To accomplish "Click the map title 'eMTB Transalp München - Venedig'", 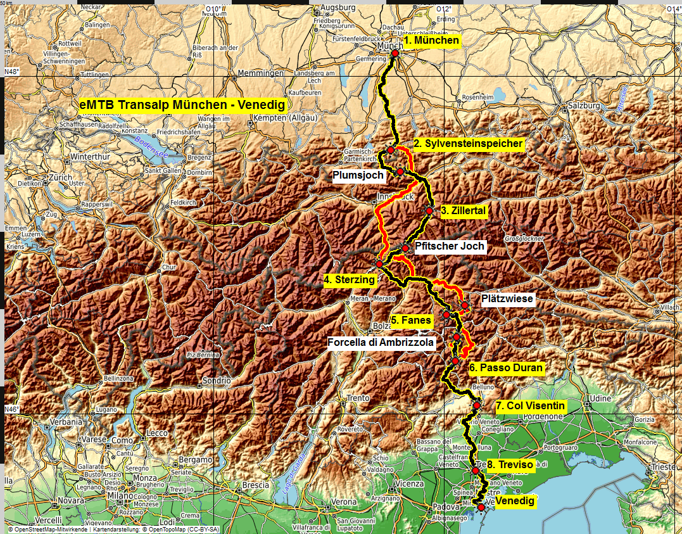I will [182, 105].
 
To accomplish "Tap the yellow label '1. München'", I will [431, 41].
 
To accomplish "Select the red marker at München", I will [395, 54].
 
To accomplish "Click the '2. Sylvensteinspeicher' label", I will [469, 144].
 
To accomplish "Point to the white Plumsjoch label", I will [359, 175].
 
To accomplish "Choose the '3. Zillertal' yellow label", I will [463, 211].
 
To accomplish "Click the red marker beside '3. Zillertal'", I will [429, 211].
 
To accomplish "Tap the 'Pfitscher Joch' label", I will [450, 246].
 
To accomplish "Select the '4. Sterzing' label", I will [350, 279].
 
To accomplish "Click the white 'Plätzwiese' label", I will [507, 298].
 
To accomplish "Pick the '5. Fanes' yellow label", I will [411, 321].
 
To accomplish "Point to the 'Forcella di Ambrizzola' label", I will [381, 343].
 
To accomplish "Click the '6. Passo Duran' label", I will [506, 367].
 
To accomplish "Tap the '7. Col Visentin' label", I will [531, 405].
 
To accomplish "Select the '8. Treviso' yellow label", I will [510, 465].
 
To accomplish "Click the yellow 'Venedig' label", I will [515, 502].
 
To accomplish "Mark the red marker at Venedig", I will [481, 507].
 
